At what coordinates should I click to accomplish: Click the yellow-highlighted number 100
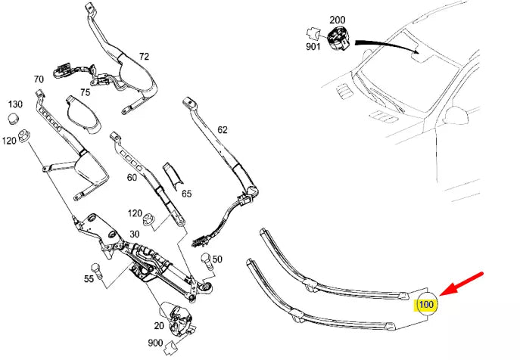pos(426,305)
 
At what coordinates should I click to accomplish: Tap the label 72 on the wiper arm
pos(144,56)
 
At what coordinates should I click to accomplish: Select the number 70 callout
pos(39,79)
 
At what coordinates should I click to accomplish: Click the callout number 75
pos(85,92)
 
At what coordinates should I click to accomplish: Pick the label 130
pos(16,104)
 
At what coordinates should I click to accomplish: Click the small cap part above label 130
pos(13,118)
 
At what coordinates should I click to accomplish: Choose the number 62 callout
pos(222,129)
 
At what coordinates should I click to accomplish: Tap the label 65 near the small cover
pos(186,194)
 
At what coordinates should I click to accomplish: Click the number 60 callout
pos(132,178)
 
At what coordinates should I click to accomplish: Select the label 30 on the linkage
pos(136,234)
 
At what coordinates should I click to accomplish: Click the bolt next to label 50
pos(204,261)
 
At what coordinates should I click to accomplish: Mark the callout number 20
pos(158,325)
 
